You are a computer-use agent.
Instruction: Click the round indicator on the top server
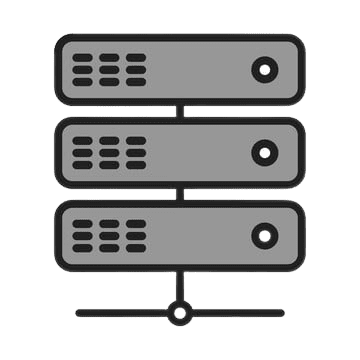tap(264, 70)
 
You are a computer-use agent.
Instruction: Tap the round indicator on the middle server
tap(264, 153)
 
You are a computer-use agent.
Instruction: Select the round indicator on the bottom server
tap(264, 237)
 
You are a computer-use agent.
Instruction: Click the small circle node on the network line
tap(180, 313)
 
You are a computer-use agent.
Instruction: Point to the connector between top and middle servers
tap(180, 111)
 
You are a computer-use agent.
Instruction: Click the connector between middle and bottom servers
tap(180, 194)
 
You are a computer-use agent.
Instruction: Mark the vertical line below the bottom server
tap(180, 287)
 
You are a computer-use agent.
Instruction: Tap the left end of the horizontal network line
tap(78, 313)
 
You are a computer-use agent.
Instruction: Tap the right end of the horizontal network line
tap(282, 313)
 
